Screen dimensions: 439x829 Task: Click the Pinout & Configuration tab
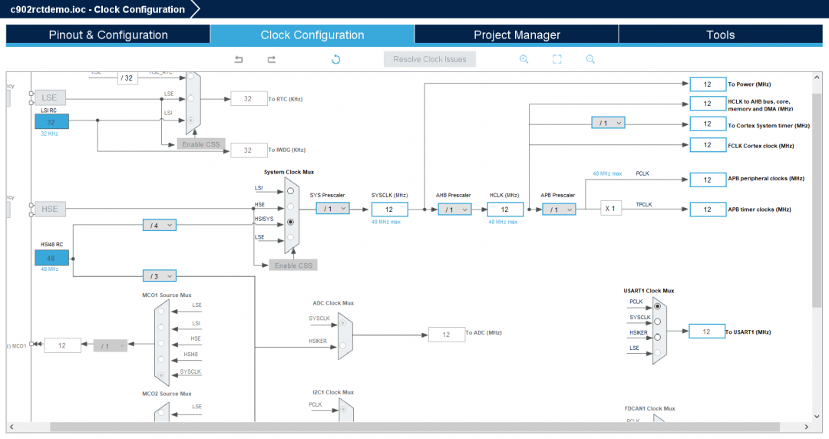(x=108, y=35)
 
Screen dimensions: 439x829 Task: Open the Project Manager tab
(x=517, y=35)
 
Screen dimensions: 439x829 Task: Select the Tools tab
(x=720, y=35)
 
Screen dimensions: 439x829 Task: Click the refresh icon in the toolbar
(x=335, y=59)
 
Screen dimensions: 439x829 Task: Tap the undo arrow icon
(x=239, y=59)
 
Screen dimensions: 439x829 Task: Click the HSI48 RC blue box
(x=51, y=259)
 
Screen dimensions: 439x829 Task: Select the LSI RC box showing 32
(x=51, y=121)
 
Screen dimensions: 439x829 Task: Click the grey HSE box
(x=50, y=209)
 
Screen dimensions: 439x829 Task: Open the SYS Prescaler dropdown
(x=332, y=208)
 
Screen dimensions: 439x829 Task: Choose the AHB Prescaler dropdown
(x=454, y=209)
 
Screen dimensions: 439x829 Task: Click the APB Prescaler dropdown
(x=559, y=209)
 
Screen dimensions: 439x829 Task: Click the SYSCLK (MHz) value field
(x=389, y=209)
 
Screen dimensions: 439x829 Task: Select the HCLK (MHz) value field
(x=504, y=209)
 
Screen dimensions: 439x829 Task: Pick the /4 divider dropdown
(x=159, y=225)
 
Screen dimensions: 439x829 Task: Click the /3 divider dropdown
(x=159, y=276)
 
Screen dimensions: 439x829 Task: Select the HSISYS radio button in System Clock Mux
(x=290, y=222)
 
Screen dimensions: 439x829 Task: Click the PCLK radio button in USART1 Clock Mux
(x=657, y=305)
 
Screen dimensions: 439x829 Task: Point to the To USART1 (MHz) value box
(x=707, y=332)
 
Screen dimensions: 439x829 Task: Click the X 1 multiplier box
(x=611, y=209)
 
